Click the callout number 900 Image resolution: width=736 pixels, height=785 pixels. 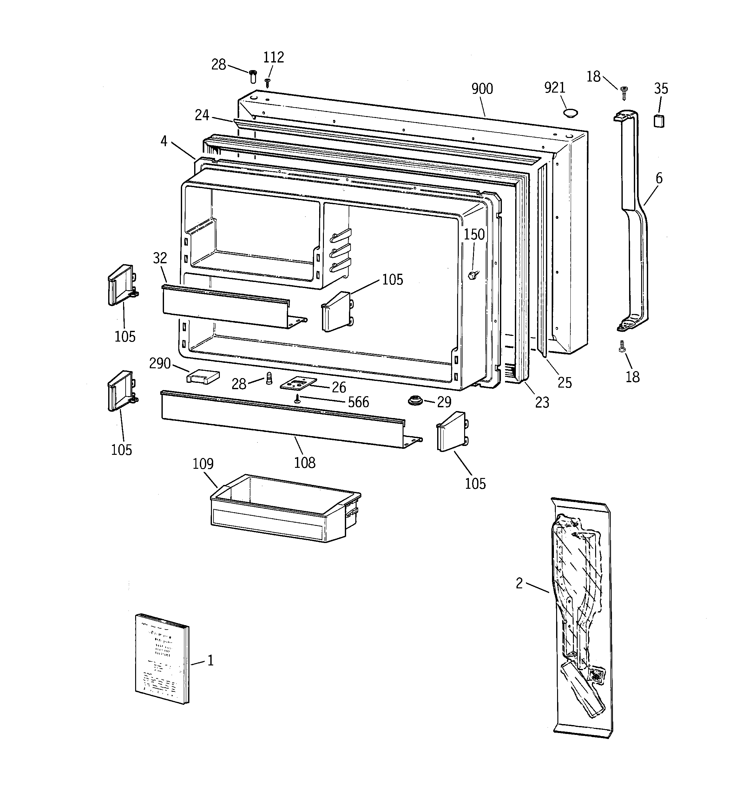point(482,89)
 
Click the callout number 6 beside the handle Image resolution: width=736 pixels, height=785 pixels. point(659,179)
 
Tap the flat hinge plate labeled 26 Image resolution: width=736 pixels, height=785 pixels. point(299,384)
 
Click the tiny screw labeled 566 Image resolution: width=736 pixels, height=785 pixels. point(297,400)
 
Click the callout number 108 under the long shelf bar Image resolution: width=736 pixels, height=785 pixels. point(305,462)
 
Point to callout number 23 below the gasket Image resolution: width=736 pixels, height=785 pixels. point(542,402)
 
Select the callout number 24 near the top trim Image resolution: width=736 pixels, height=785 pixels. point(202,115)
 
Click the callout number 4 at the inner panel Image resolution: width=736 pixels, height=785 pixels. point(164,141)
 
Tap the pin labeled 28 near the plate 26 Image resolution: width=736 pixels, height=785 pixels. point(269,379)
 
